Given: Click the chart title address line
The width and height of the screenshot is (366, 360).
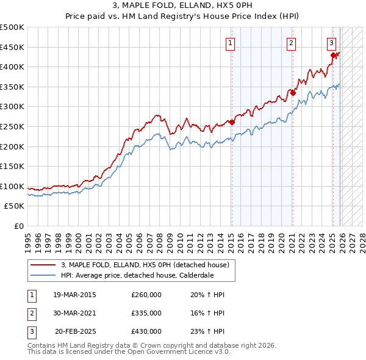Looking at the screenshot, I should point(182,5).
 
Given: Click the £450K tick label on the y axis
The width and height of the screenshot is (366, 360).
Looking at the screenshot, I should point(12,47).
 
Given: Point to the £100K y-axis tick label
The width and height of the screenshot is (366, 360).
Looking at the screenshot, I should point(12,186).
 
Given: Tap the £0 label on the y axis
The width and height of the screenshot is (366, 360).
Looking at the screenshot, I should point(19,226).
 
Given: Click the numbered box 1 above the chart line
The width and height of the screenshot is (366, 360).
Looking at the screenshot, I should point(231,43).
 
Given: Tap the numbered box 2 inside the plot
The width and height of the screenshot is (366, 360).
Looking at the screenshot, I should point(292,43).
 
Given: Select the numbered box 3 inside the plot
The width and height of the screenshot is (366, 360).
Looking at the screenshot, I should point(331,43).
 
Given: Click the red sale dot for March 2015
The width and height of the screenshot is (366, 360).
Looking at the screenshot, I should point(232,122).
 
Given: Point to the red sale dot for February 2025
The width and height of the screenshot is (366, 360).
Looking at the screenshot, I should point(333,55).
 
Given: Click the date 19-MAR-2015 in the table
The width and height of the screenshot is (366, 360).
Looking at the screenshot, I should point(74,295).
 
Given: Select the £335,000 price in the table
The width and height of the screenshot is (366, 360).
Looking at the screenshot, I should point(146,313).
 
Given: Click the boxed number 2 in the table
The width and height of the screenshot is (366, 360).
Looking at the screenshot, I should point(30,313).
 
